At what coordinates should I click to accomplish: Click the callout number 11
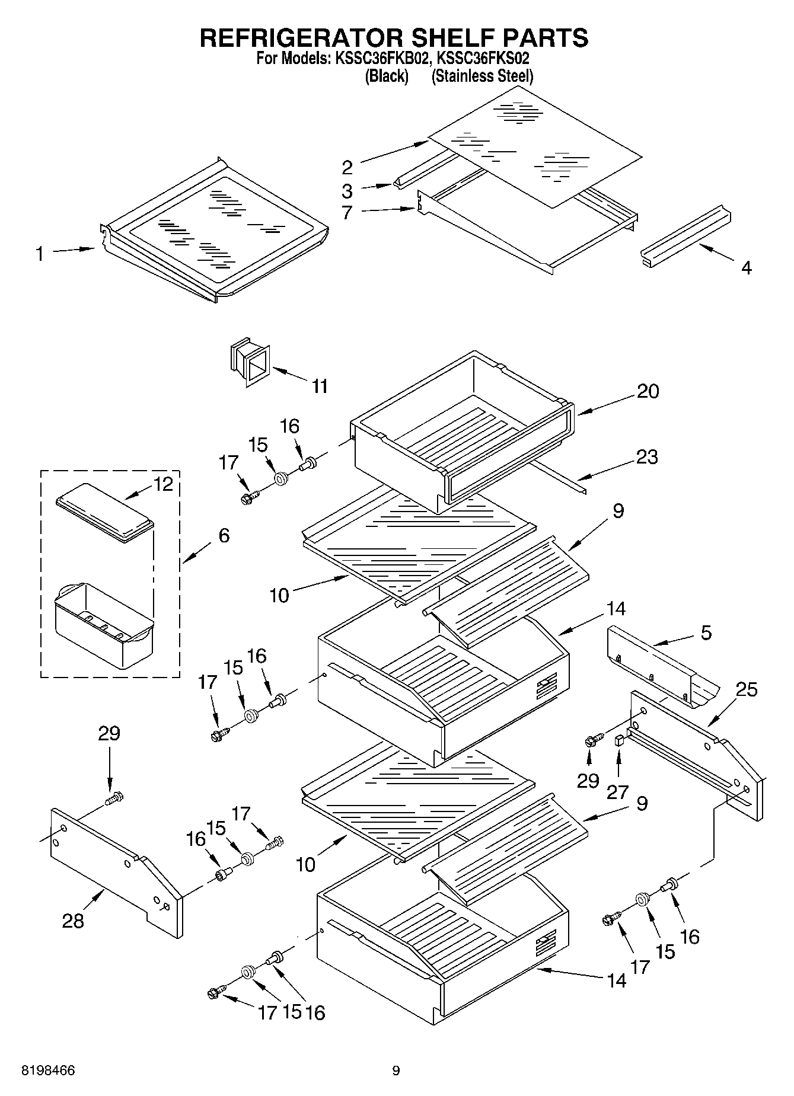320,386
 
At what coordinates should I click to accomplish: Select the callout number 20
648,391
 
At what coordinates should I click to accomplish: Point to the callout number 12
163,484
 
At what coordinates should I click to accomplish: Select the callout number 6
224,535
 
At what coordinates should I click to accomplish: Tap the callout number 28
74,921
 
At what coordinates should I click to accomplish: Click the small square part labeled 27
619,739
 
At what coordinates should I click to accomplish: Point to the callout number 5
706,632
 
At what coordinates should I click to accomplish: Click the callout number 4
747,268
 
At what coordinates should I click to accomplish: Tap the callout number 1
40,254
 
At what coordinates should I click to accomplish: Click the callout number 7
347,212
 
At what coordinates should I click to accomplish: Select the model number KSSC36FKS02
483,59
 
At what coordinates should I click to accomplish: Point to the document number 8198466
48,1071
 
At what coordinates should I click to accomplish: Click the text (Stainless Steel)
482,76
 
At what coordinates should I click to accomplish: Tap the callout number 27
617,792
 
